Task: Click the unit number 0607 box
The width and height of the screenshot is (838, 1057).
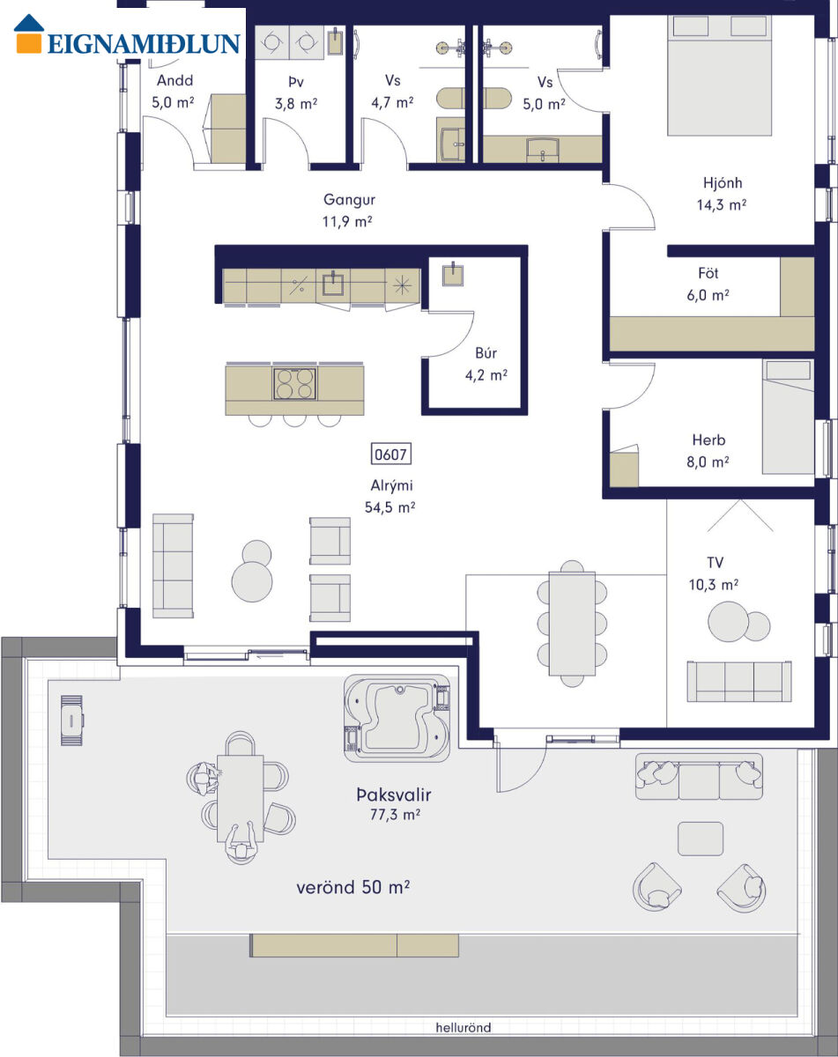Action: (390, 454)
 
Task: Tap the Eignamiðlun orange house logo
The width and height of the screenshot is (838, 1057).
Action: (29, 33)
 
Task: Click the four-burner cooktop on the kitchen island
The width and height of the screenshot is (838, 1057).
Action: (295, 384)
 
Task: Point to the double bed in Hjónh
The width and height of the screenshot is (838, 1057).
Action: (719, 75)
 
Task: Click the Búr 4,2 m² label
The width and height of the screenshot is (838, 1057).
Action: (486, 364)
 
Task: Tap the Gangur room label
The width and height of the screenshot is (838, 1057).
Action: (349, 199)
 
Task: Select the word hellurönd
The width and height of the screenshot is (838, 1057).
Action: (463, 1028)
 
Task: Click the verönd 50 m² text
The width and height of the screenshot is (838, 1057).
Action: (352, 887)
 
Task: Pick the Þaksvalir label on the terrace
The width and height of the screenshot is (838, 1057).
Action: (394, 795)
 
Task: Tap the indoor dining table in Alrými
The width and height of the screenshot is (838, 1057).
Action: (572, 624)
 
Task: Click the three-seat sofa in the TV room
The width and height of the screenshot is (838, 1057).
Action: (739, 681)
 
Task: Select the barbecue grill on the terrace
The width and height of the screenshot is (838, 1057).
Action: (71, 721)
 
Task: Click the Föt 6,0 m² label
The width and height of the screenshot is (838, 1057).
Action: (708, 284)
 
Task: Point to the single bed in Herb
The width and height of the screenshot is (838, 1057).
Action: (788, 417)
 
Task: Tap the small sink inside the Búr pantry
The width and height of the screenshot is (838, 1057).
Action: (452, 274)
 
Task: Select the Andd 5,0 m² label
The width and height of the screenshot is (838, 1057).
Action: (173, 92)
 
